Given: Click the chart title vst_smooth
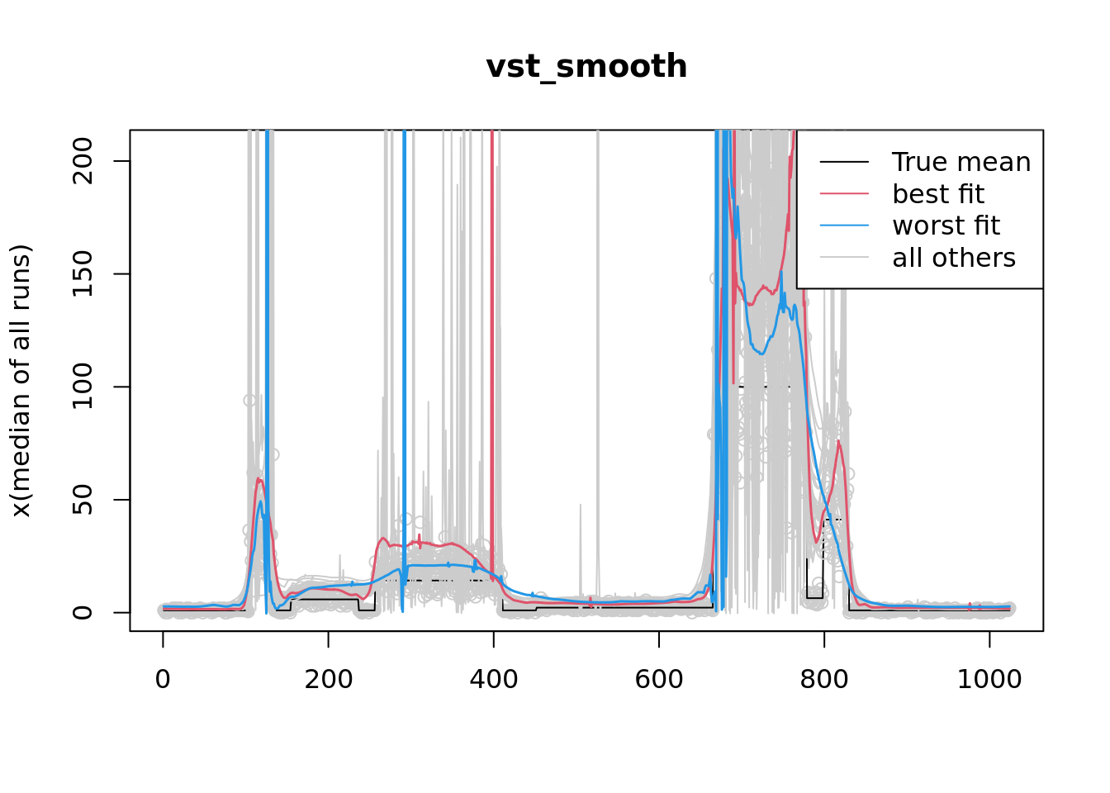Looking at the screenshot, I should tap(586, 67).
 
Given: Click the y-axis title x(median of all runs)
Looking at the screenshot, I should tap(21, 381).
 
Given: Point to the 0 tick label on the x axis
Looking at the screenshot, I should tap(163, 679).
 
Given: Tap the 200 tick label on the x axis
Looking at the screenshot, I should tap(328, 679).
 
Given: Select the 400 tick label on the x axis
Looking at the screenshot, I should tap(493, 679).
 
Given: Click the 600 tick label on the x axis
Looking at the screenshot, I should tap(658, 679).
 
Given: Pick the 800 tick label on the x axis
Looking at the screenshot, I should tap(823, 679).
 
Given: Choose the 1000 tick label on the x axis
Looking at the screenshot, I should tap(989, 679).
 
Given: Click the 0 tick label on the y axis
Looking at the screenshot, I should tap(83, 612).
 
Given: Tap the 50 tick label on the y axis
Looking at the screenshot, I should tap(83, 500).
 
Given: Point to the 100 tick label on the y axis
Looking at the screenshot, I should tap(83, 387).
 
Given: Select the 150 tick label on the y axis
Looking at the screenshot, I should tap(83, 274).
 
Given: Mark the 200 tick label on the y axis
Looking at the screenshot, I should tap(83, 161).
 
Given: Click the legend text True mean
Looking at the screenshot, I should tap(961, 162).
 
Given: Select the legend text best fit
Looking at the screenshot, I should tap(938, 194).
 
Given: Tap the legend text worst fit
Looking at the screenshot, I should tap(946, 226).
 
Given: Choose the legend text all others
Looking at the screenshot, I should tap(954, 258).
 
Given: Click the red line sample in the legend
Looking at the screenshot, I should tap(844, 194).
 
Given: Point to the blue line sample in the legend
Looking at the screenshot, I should tap(844, 226).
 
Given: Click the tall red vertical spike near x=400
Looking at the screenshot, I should tap(492, 330).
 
